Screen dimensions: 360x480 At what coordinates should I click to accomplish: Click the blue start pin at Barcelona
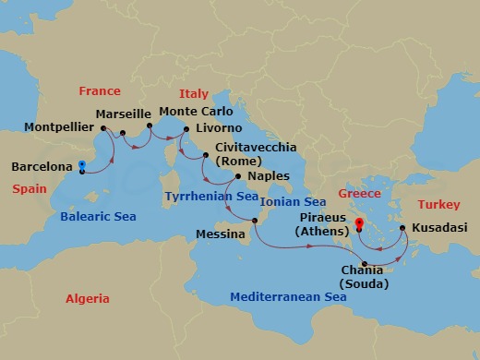82,167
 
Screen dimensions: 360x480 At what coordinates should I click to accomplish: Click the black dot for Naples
238,176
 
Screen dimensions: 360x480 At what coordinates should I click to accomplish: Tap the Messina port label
221,235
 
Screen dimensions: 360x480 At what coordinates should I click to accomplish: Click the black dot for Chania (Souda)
366,266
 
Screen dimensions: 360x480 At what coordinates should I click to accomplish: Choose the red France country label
100,91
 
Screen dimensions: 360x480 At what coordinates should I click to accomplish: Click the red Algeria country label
88,299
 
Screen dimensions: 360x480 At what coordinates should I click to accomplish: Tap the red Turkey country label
438,204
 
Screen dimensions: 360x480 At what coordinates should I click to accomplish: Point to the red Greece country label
358,195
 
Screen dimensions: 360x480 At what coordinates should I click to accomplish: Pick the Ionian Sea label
294,202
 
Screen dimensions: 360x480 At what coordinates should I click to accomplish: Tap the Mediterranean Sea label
288,298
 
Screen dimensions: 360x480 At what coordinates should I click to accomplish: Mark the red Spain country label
29,188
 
